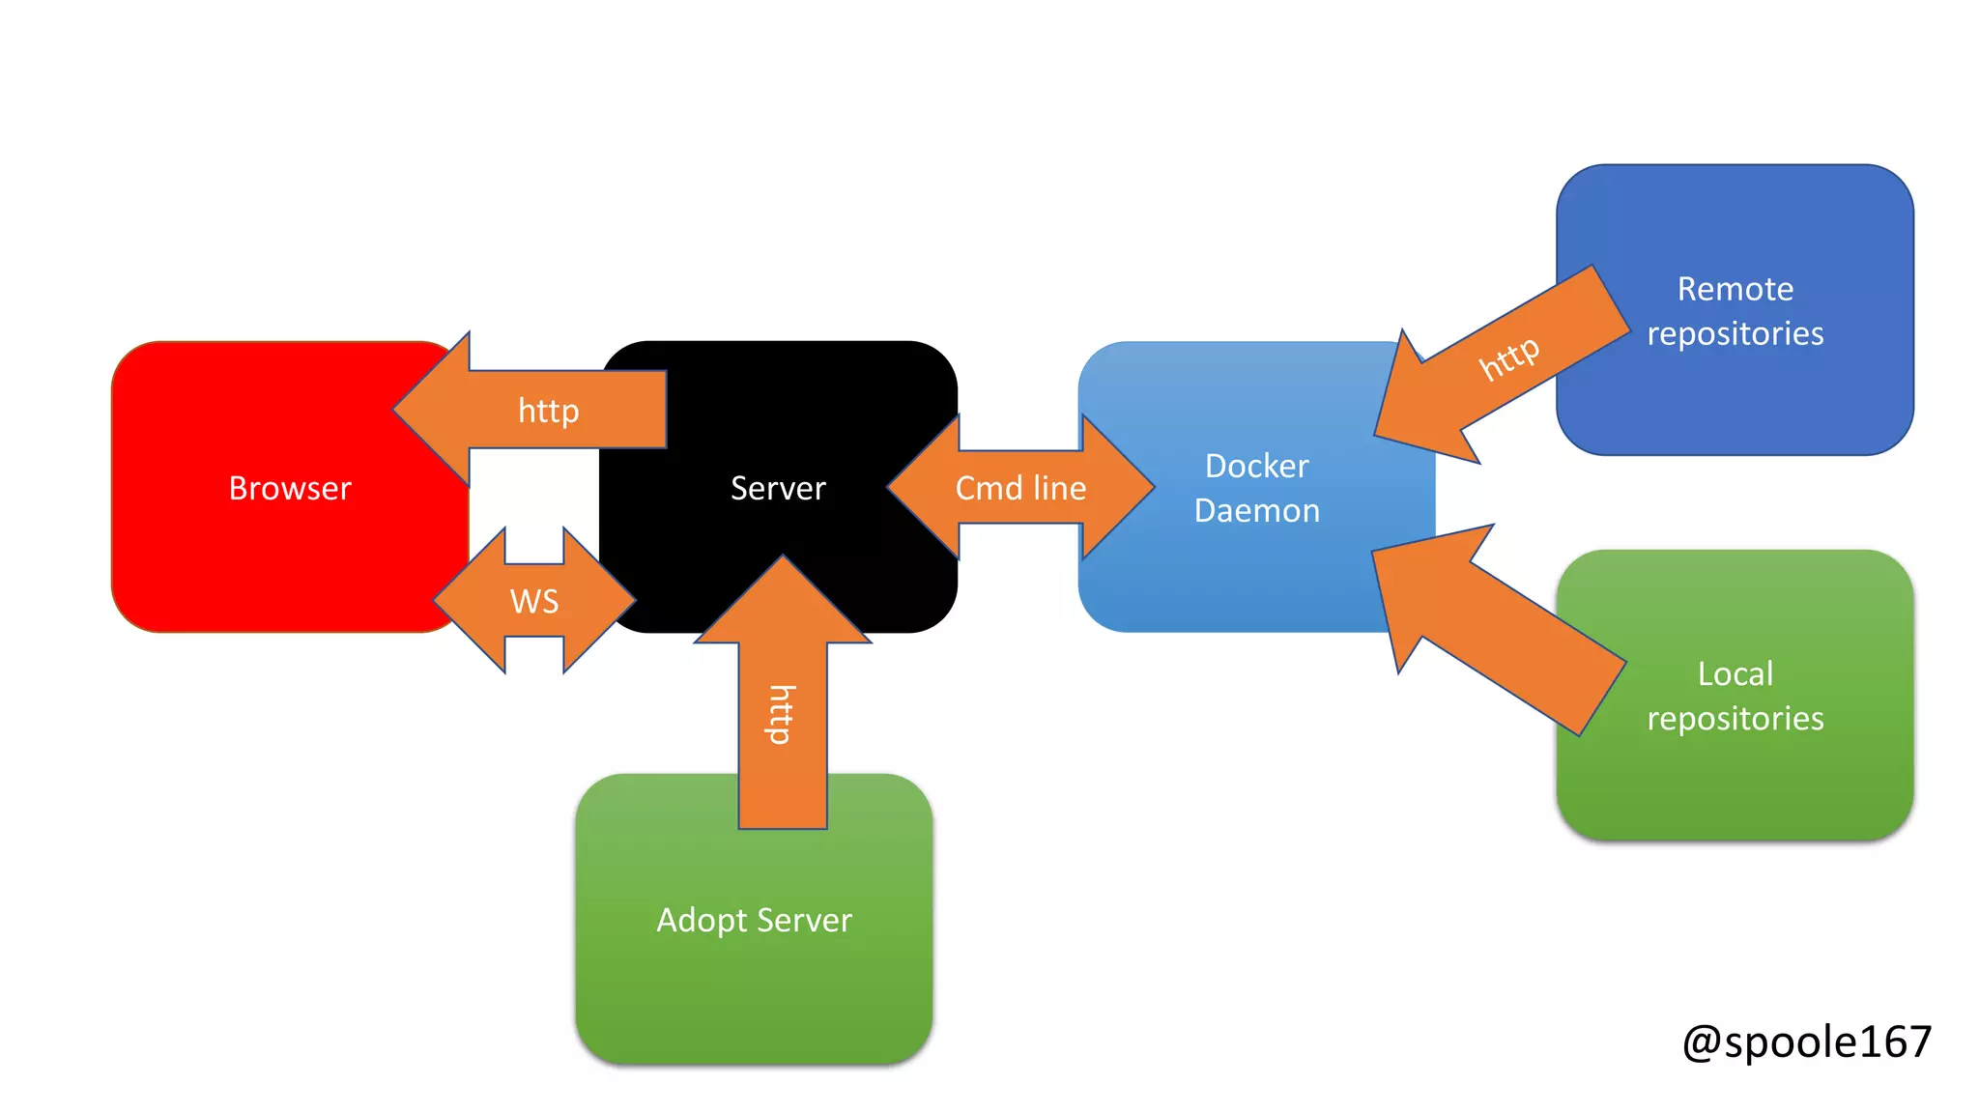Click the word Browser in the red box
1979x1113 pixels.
click(x=290, y=488)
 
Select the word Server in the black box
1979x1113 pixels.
click(x=778, y=488)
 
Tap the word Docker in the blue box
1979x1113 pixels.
click(x=1256, y=466)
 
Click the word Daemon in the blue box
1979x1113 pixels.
click(x=1256, y=510)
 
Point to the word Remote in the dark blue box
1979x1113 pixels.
click(x=1735, y=289)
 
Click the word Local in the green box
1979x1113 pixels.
click(x=1735, y=673)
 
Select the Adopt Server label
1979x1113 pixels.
click(x=754, y=920)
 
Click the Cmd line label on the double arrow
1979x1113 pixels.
click(x=1020, y=488)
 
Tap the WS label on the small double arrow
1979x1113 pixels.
click(x=534, y=601)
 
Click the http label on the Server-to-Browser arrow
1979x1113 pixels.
click(x=548, y=411)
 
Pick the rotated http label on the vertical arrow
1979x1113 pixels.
click(x=782, y=715)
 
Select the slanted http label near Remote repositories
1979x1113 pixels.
click(x=1508, y=357)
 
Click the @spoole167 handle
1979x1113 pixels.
click(x=1806, y=1042)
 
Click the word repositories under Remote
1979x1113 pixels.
click(x=1735, y=333)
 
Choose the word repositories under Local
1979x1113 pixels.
click(x=1735, y=718)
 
